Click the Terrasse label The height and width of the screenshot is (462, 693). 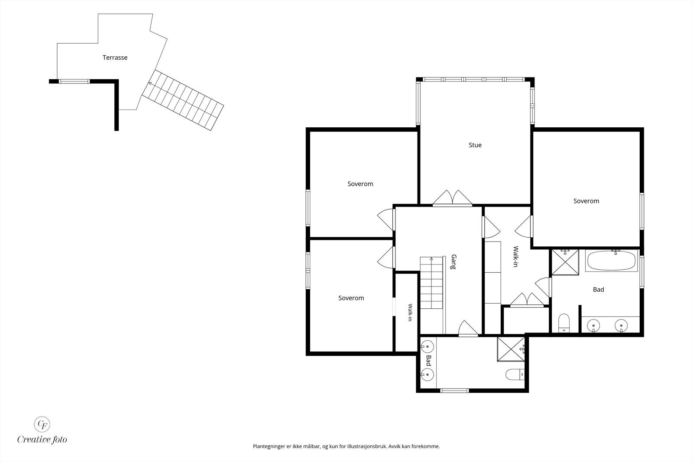[115, 58]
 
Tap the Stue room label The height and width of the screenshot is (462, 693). [475, 145]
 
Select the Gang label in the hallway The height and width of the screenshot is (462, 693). [454, 262]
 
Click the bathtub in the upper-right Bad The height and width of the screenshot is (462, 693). [611, 260]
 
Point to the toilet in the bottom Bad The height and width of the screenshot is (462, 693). [515, 375]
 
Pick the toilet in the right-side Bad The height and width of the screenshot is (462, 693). [564, 323]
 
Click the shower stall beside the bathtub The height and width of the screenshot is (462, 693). [565, 262]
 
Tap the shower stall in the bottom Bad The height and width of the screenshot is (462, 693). [511, 349]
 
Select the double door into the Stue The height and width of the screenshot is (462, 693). [452, 198]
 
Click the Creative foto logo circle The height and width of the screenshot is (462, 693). [42, 424]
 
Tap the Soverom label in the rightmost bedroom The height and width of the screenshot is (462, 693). [586, 201]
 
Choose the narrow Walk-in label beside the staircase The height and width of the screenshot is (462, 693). [410, 312]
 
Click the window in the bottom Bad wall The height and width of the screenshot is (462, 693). [454, 391]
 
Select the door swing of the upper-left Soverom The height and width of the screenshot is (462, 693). [386, 220]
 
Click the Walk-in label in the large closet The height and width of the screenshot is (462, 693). [516, 256]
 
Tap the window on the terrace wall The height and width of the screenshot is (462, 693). [74, 81]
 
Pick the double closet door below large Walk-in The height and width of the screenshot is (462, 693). [527, 300]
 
